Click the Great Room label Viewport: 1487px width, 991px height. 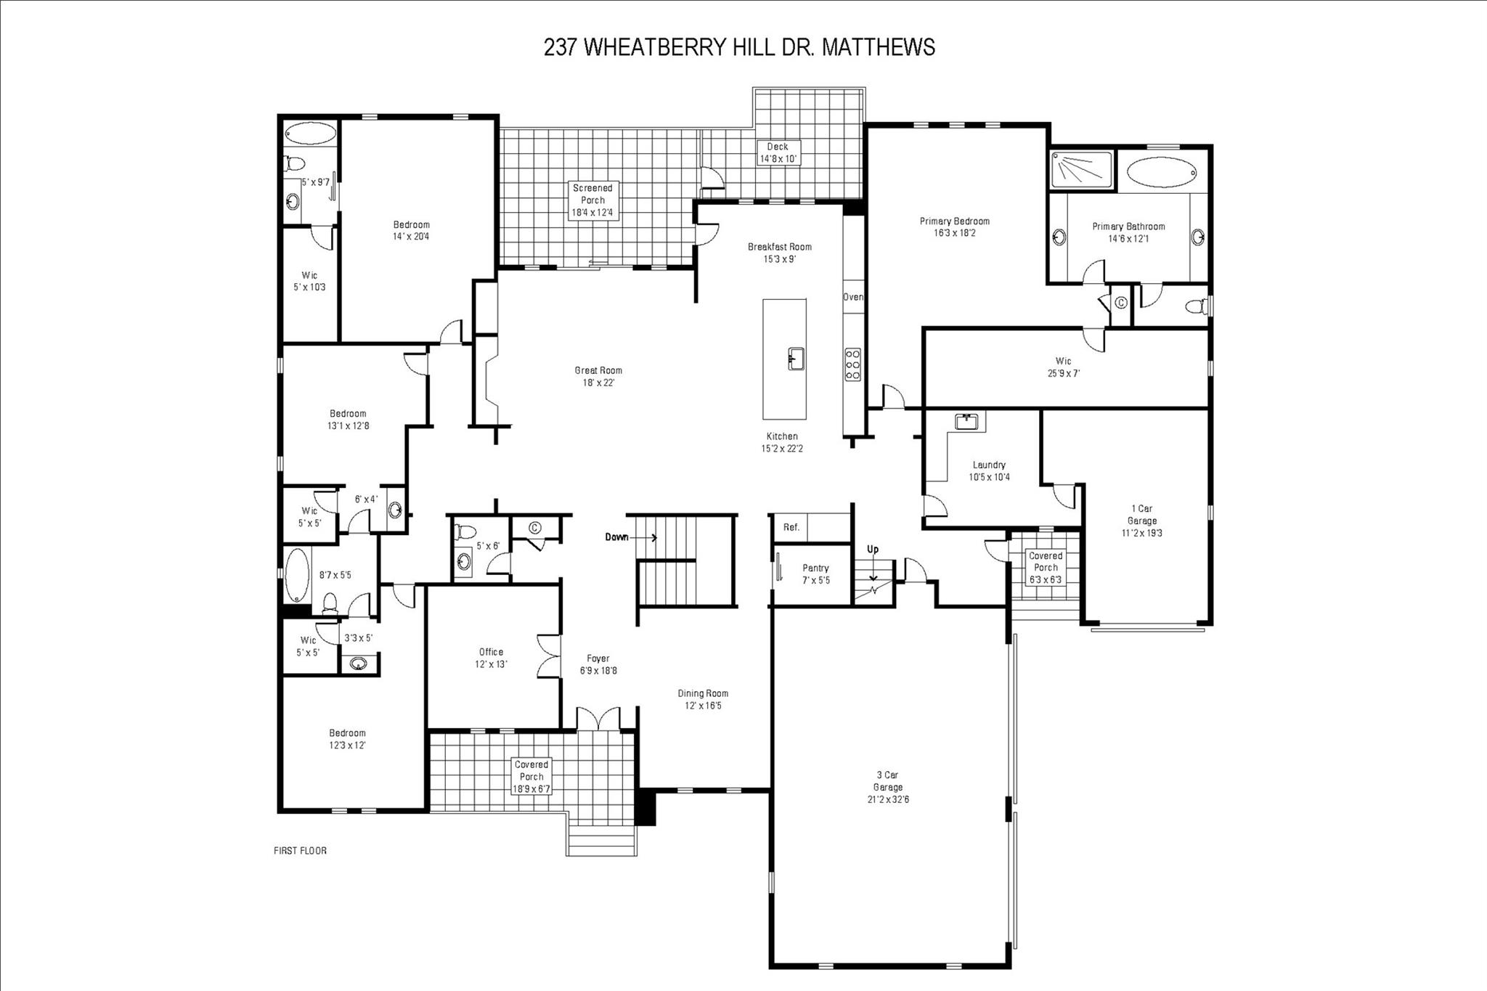[x=598, y=376]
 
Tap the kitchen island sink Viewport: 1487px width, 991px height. [x=796, y=359]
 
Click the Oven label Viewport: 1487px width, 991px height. [x=853, y=297]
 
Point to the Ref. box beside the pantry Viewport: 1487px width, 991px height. [x=791, y=527]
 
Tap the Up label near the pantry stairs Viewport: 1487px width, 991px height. [x=873, y=550]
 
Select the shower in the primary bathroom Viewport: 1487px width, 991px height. [x=1081, y=171]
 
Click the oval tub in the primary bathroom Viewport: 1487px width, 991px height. [x=1161, y=173]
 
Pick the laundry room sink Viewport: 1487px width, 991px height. [x=966, y=421]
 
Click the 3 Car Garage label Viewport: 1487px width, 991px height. [x=888, y=787]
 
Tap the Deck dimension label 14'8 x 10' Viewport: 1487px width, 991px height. [x=778, y=159]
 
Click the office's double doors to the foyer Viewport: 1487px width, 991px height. [x=549, y=656]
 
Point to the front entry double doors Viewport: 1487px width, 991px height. [x=598, y=719]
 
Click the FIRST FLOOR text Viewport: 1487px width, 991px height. [x=300, y=850]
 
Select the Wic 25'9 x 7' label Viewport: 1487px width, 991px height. [x=1063, y=367]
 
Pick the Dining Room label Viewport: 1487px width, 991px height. [x=703, y=699]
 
